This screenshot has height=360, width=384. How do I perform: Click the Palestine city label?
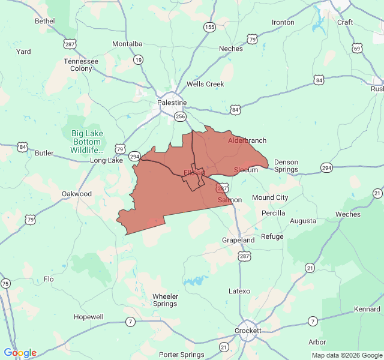(x=172, y=103)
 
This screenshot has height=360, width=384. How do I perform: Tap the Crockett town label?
(x=248, y=331)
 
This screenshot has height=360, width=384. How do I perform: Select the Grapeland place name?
(x=238, y=240)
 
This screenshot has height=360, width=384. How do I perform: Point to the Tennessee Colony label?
(x=81, y=65)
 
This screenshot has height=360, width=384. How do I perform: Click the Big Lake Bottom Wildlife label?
(x=88, y=142)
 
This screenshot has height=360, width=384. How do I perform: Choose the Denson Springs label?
(x=286, y=166)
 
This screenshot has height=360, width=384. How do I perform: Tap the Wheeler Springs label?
(x=165, y=300)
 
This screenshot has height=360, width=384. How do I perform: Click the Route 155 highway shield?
(x=209, y=27)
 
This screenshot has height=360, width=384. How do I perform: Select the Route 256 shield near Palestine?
(x=180, y=116)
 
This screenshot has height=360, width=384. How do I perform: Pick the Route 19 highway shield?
(x=139, y=59)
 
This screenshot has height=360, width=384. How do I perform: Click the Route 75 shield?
(x=5, y=283)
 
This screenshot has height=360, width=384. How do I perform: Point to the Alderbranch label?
(x=247, y=140)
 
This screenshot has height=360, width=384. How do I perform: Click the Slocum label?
(x=246, y=170)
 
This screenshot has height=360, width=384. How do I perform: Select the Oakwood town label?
(x=77, y=194)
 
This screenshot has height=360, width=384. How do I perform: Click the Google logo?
(x=20, y=353)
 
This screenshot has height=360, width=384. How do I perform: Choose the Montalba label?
(x=128, y=44)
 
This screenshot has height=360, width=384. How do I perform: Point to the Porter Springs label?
(x=182, y=355)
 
